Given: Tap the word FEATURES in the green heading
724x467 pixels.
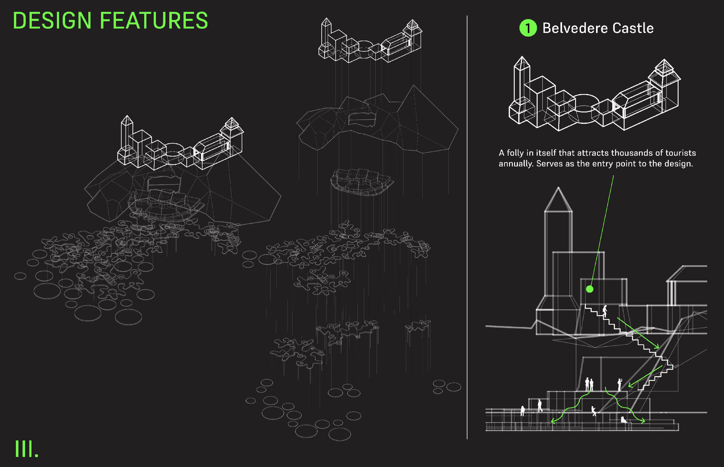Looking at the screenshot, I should [154, 21].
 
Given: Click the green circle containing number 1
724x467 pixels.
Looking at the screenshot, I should [528, 28].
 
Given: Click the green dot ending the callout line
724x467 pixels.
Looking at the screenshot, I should [589, 289].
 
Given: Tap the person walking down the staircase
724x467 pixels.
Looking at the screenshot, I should [605, 311].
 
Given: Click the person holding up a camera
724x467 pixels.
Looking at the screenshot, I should [619, 384].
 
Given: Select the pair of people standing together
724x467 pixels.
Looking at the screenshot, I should [589, 384].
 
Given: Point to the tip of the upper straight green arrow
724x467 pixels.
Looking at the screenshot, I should [658, 348].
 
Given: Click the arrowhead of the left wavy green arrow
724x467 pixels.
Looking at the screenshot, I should [552, 421].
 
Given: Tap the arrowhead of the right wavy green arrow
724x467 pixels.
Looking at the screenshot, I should [644, 421].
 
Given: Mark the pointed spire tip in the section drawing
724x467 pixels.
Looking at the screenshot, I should [558, 188].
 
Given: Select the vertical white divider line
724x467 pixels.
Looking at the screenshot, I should [467, 226].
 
